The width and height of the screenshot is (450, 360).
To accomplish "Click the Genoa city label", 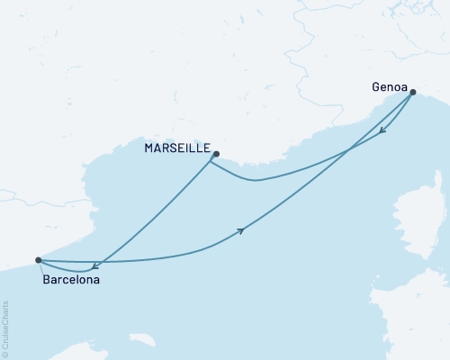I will pos(389,88).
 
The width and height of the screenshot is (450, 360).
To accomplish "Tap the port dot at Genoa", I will pos(412,91).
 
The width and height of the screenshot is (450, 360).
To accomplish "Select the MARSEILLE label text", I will pos(178,148).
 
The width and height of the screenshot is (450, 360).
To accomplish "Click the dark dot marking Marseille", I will pos(215,154).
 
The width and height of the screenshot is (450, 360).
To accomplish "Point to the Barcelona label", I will pos(71,280).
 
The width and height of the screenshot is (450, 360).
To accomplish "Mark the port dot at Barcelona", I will pos(38,260).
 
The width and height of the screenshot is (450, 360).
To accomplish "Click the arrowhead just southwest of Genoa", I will pos(382,131).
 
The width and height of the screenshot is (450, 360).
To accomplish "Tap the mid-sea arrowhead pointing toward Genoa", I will pos(241,231).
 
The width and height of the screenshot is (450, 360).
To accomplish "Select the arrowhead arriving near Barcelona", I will pos(95,265).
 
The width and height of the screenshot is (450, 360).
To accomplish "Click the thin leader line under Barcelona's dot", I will pos(41,268).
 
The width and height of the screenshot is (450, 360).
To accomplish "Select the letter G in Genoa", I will pos(375,88).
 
